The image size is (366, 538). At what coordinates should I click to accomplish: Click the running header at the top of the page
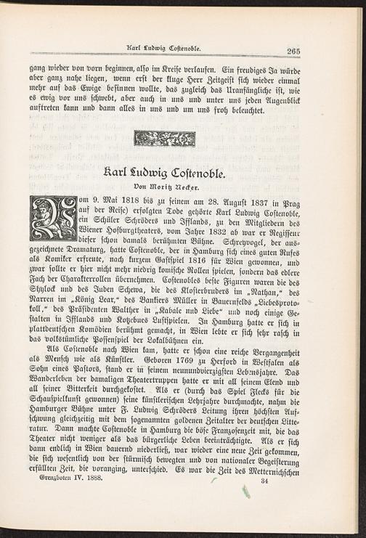[x=163, y=49]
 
